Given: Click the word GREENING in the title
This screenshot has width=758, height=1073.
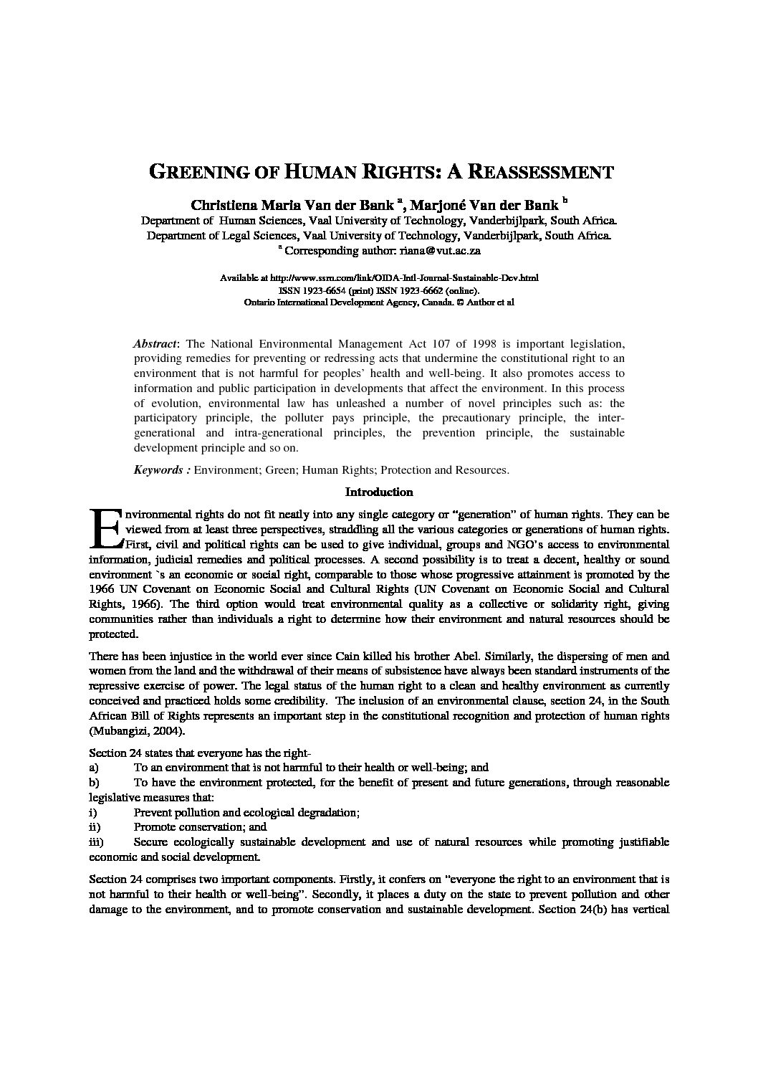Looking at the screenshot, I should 193,173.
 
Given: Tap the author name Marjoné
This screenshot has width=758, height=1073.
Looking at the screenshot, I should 443,204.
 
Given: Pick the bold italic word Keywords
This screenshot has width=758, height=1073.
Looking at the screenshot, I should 158,470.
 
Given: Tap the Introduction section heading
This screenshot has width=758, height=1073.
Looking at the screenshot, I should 379,492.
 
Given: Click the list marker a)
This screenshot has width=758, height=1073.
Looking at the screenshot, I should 93,767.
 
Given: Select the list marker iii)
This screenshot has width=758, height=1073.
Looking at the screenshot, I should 96,841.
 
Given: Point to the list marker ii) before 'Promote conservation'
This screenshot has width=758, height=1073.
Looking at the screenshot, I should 94,826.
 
